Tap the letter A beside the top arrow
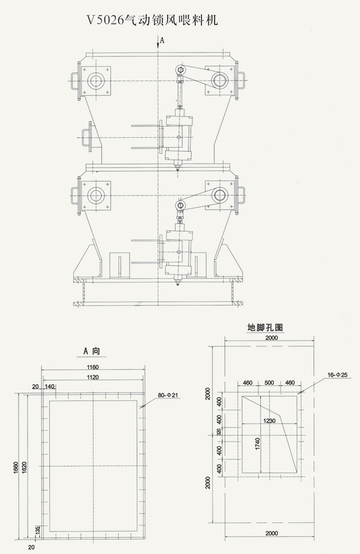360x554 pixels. coord(162,40)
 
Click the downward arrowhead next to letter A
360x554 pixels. coord(158,46)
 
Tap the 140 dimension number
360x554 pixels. coord(49,386)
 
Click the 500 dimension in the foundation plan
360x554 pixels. coord(269,383)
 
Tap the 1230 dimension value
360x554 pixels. coord(269,421)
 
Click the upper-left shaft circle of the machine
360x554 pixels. coord(95,81)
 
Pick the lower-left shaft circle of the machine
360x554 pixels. coord(95,195)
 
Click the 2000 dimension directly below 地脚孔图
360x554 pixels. coord(271,338)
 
